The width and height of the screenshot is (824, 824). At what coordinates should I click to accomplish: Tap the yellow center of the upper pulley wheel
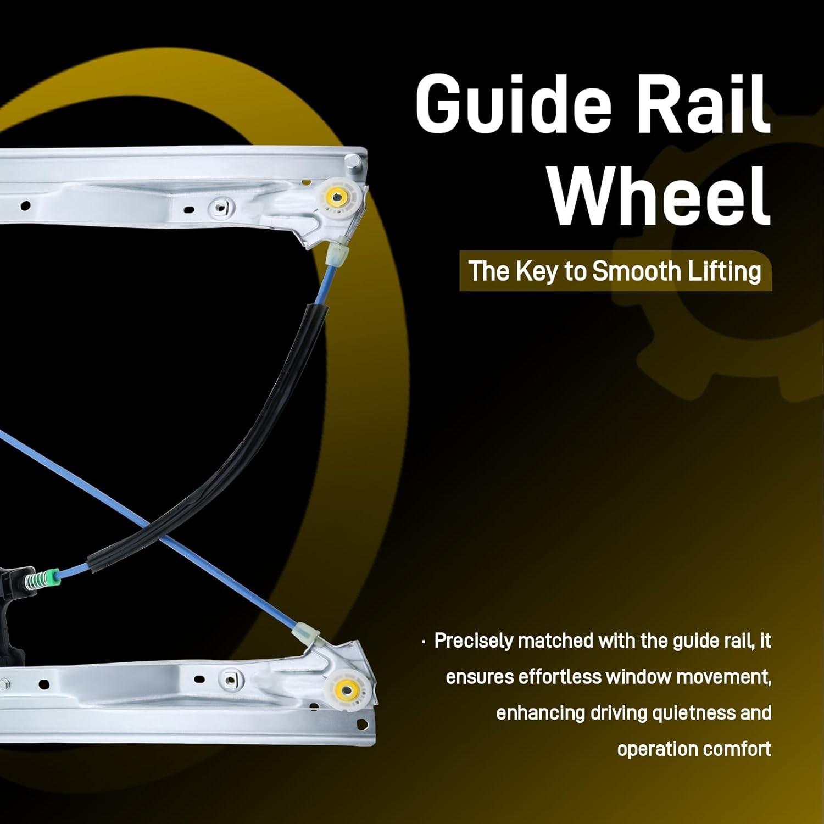(335, 196)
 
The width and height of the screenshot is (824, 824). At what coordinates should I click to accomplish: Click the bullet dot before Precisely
(423, 642)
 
